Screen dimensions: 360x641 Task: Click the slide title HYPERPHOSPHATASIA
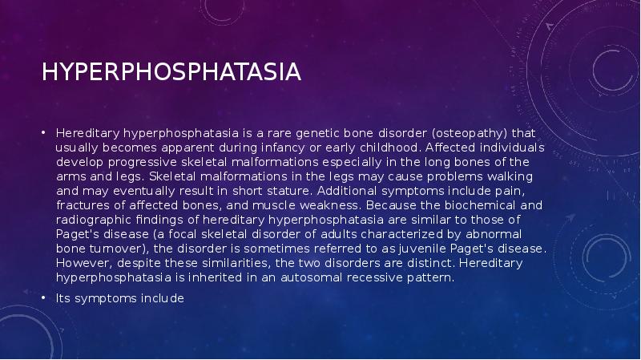171,73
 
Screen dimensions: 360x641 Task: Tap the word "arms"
70,176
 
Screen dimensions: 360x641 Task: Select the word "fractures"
79,204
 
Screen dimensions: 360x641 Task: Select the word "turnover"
111,249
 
